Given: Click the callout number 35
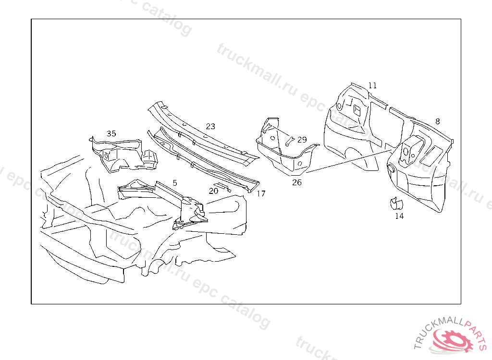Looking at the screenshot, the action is click(x=111, y=133).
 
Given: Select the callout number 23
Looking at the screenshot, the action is click(x=210, y=126).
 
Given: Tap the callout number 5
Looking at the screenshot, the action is click(x=175, y=182).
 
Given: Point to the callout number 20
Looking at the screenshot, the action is click(x=213, y=191).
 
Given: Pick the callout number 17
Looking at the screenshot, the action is click(x=261, y=194).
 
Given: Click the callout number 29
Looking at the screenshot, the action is click(x=302, y=140).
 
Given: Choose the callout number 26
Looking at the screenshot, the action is click(x=297, y=182).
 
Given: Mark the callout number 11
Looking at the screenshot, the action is click(x=372, y=85).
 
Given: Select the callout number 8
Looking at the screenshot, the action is click(x=437, y=121).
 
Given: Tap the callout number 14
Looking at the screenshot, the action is click(x=399, y=216).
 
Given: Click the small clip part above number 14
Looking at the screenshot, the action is click(x=396, y=204).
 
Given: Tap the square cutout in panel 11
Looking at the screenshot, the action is click(x=357, y=110).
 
